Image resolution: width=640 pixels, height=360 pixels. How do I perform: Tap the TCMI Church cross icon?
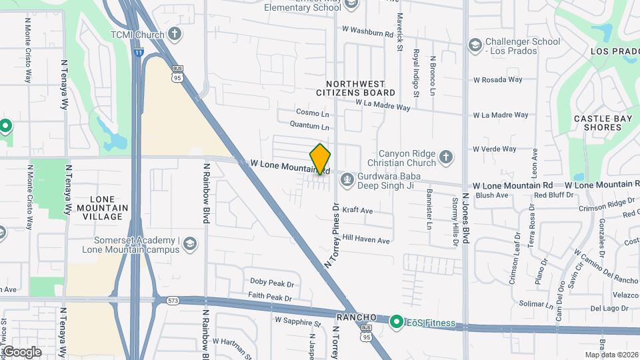tap(175, 33)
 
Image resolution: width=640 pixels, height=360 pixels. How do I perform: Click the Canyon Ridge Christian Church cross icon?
tap(446, 158)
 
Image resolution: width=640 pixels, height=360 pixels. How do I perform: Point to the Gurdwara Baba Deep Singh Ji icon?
tap(347, 178)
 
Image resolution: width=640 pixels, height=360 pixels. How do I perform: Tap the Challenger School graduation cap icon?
tap(475, 45)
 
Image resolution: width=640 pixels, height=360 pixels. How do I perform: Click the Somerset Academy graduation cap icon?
tap(190, 243)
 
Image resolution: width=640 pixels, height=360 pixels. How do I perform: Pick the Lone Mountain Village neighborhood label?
tap(103, 208)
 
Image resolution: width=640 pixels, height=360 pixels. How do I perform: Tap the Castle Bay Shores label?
tap(603, 123)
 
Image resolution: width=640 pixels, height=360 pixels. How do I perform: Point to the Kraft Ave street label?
tap(357, 210)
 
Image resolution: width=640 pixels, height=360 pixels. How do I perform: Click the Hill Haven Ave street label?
tap(365, 239)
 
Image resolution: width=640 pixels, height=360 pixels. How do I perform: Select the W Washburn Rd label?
tap(367, 31)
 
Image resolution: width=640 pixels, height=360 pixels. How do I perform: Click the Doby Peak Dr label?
tap(271, 283)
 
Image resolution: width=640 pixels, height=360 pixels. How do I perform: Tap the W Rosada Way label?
tap(498, 79)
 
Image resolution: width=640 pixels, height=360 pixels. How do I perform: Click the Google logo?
tap(22, 351)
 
